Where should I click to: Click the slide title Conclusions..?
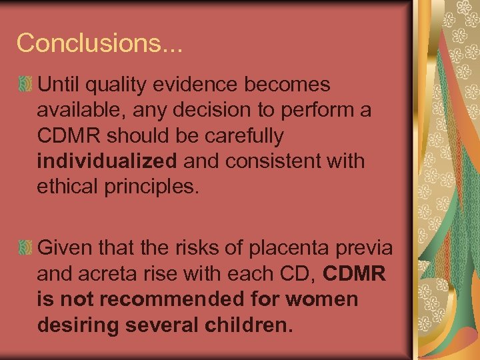[x=100, y=43]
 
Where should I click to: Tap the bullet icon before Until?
[x=25, y=85]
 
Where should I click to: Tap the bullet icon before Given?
[x=25, y=248]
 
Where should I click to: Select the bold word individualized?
[x=107, y=161]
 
